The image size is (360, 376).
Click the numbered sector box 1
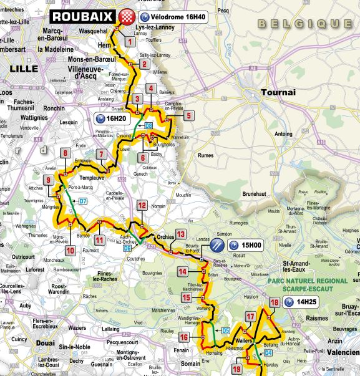tap(129, 42)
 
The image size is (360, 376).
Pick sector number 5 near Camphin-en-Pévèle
tap(188, 115)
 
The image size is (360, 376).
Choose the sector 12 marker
tap(142, 205)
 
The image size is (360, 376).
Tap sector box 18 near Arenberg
tap(274, 304)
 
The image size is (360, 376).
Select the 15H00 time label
tap(244, 246)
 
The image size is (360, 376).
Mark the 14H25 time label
tap(300, 302)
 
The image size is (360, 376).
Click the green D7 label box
tap(82, 201)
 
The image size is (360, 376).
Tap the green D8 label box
tap(149, 126)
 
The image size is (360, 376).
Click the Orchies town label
tap(165, 237)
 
